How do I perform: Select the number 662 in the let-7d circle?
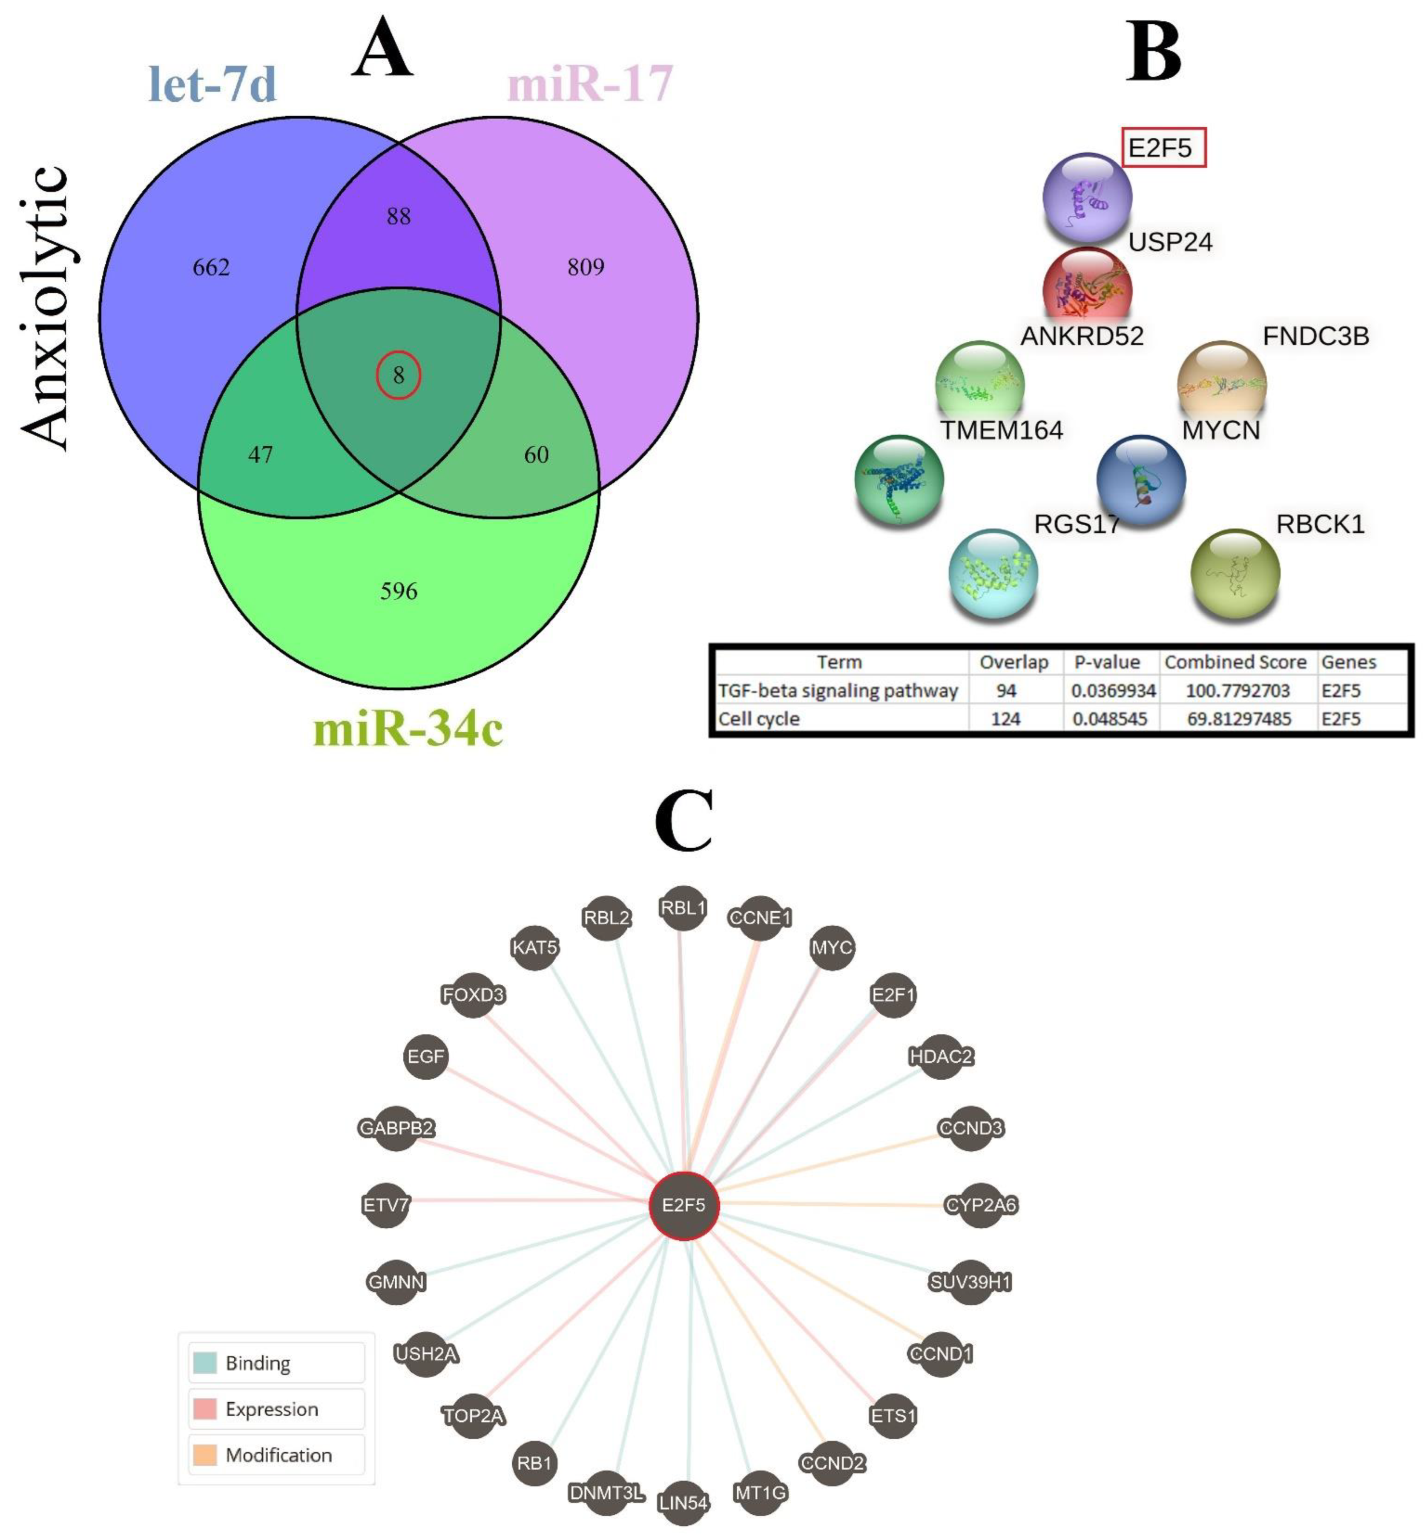pos(211,267)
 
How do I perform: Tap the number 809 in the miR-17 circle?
pos(585,267)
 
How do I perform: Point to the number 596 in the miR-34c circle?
pos(399,591)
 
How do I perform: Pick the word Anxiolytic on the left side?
pos(45,307)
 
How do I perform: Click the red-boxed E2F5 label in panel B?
pos(1162,147)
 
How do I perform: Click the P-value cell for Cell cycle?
pos(1110,718)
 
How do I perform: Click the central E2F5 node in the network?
pos(683,1205)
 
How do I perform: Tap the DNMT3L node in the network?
pos(606,1493)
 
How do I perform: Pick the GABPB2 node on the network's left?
pos(396,1128)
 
